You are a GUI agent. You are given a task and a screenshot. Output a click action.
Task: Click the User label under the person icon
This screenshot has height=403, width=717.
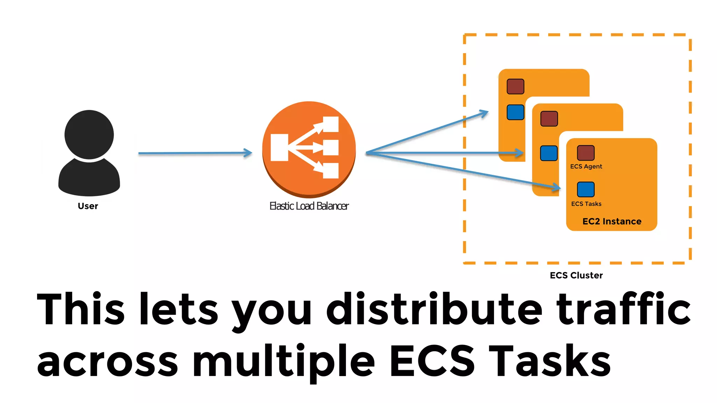(x=88, y=206)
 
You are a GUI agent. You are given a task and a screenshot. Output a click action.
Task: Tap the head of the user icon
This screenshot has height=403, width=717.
(x=89, y=135)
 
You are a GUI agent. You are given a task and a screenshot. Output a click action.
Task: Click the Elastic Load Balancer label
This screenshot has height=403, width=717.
(x=309, y=206)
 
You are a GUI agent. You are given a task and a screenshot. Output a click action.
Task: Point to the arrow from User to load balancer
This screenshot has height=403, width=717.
(x=195, y=153)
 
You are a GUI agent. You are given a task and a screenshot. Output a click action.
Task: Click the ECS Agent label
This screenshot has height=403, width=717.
(x=586, y=167)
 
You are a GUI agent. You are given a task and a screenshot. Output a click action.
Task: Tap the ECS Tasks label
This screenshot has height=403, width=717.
(x=586, y=204)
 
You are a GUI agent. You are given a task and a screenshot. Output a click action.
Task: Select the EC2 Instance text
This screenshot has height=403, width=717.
(x=612, y=221)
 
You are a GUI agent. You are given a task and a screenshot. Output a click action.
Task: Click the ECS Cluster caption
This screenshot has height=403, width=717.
(x=576, y=275)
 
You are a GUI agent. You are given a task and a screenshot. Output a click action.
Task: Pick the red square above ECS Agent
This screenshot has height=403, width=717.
(x=586, y=153)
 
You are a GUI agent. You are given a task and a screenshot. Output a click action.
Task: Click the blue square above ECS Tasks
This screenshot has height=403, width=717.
(x=586, y=189)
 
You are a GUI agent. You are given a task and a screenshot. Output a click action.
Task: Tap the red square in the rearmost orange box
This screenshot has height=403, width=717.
(x=515, y=86)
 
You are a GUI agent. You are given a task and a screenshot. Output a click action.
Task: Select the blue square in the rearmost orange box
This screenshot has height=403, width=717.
(x=515, y=112)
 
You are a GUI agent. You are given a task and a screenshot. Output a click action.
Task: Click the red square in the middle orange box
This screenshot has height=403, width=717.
(x=549, y=119)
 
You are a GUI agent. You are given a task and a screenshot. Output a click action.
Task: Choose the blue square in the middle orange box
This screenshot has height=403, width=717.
(x=549, y=153)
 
